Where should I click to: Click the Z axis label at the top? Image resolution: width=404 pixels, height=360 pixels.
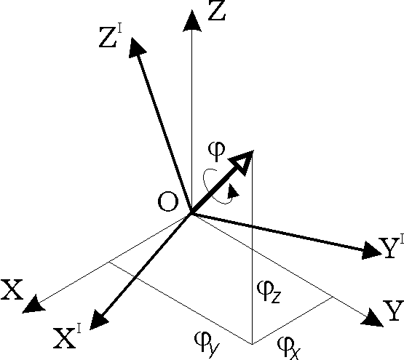pyautogui.click(x=217, y=10)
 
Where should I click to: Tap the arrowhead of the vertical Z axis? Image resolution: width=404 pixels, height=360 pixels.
pyautogui.click(x=191, y=21)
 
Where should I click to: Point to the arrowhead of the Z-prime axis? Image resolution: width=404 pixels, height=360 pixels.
pyautogui.click(x=136, y=47)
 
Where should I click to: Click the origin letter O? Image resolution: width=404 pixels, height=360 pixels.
pyautogui.click(x=168, y=201)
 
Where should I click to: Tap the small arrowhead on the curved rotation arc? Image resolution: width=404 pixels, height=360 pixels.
pyautogui.click(x=233, y=191)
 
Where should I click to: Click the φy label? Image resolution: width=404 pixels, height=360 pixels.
pyautogui.click(x=207, y=345)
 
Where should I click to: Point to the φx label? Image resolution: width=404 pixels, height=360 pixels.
pyautogui.click(x=288, y=348)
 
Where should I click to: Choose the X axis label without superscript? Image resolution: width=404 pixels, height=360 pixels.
pyautogui.click(x=12, y=289)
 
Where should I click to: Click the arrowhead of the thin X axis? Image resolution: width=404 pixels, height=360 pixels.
pyautogui.click(x=33, y=305)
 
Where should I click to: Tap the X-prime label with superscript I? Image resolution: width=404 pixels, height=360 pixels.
pyautogui.click(x=67, y=337)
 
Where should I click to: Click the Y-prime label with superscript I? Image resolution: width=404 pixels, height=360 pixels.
pyautogui.click(x=392, y=247)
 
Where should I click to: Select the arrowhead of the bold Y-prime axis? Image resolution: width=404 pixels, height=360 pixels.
pyautogui.click(x=371, y=250)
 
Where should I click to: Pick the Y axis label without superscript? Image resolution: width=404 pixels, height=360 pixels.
pyautogui.click(x=394, y=311)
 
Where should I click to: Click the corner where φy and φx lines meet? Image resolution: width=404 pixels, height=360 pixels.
pyautogui.click(x=252, y=344)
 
